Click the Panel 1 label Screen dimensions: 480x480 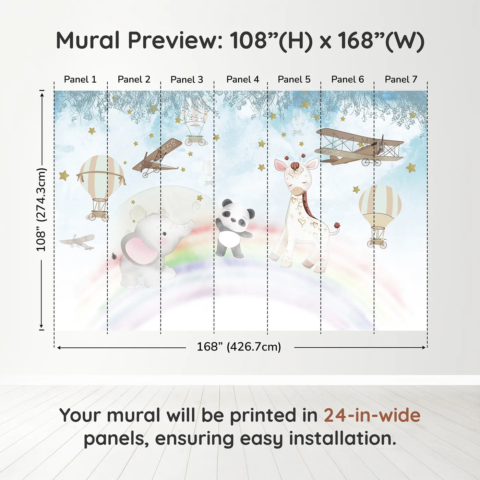click(80, 80)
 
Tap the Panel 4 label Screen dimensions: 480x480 click(243, 80)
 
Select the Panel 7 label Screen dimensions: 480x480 click(401, 80)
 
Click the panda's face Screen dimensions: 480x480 click(236, 215)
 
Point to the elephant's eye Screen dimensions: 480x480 click(165, 233)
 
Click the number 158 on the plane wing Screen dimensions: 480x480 click(169, 146)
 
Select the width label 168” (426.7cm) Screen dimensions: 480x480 click(239, 347)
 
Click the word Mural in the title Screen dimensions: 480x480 click(88, 40)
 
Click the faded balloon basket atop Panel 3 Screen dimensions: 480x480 click(196, 140)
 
